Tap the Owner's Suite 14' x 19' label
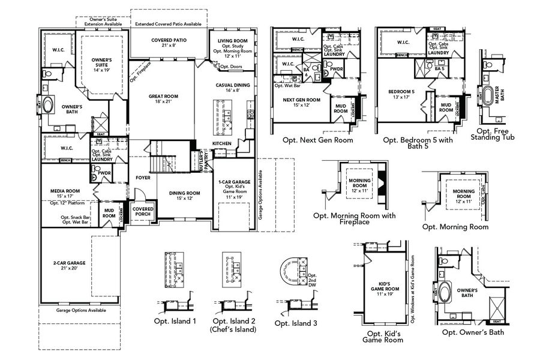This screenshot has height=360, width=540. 102,65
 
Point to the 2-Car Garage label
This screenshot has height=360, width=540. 64,266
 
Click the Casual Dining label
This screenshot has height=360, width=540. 232,88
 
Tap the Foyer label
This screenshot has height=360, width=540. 142,178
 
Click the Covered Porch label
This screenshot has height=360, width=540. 143,211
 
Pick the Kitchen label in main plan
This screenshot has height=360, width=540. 221,144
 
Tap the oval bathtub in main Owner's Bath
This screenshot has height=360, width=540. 47,103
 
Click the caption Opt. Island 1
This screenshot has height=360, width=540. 177,321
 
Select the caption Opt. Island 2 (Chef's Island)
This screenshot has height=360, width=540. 233,325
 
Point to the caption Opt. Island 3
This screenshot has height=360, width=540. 296,323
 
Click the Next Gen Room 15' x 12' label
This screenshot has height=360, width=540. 301,103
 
